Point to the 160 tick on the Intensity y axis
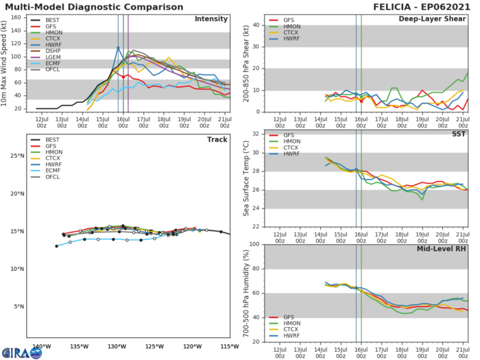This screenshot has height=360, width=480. point(21,19)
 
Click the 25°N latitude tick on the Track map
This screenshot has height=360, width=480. point(19,156)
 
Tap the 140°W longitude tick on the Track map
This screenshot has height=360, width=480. point(41,346)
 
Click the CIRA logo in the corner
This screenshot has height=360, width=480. point(21,351)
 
